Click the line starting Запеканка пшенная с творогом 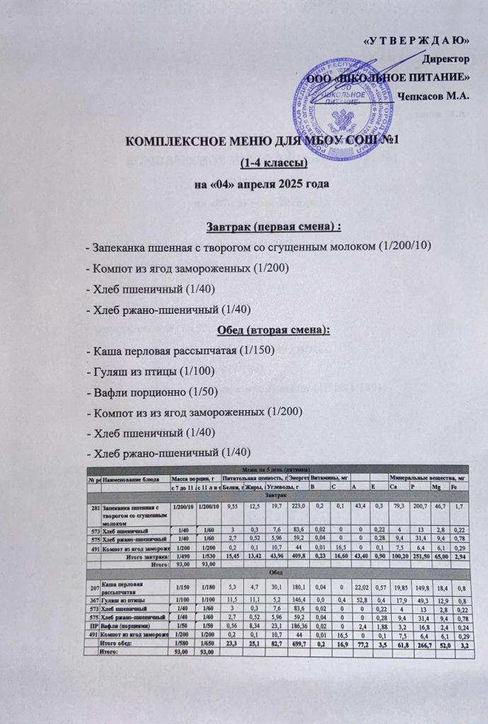tap(257, 246)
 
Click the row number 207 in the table tap(93, 588)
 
